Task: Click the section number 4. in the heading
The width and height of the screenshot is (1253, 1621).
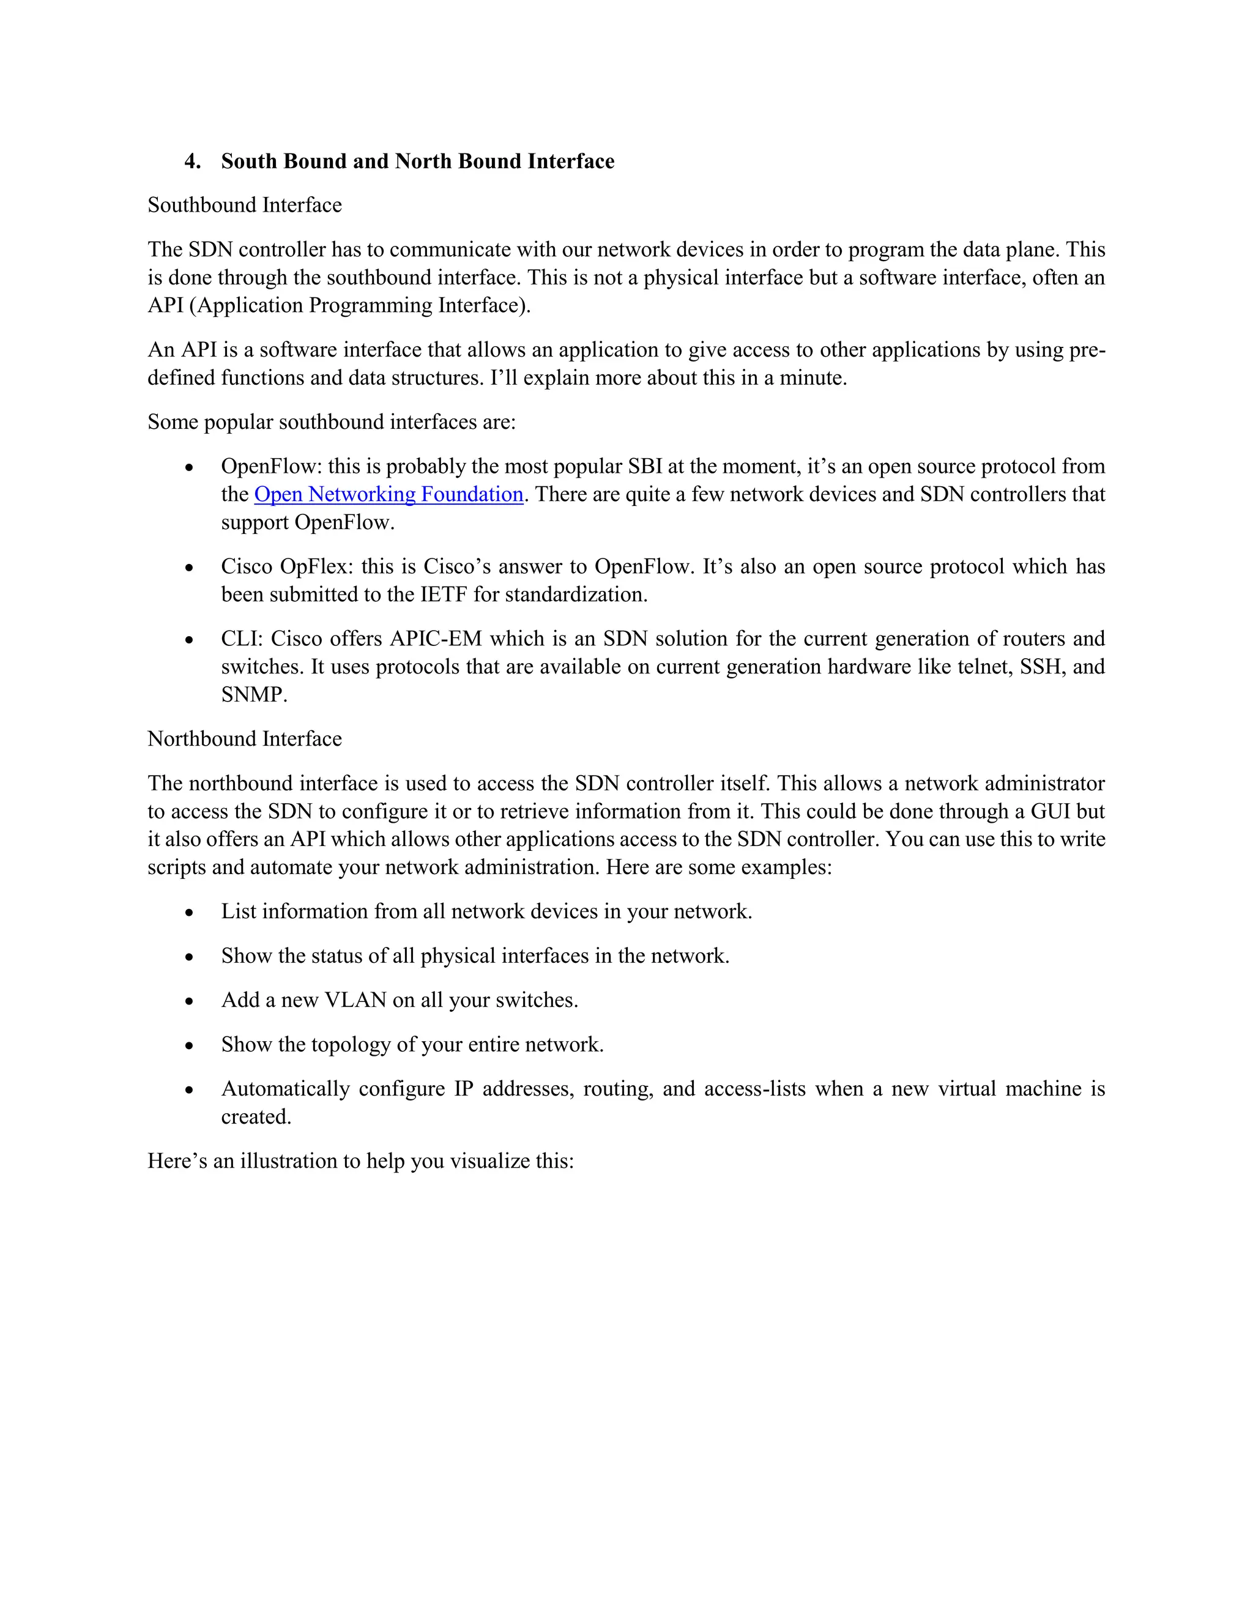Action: (192, 162)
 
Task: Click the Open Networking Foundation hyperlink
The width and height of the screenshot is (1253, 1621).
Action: (389, 494)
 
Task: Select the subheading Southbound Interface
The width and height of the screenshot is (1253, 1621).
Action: (244, 205)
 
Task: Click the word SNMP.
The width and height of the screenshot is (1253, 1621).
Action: (253, 695)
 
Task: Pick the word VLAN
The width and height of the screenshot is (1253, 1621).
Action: (355, 1001)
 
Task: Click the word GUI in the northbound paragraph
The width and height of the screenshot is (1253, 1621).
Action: (1050, 811)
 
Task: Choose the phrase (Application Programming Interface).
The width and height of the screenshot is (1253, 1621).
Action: (360, 305)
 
